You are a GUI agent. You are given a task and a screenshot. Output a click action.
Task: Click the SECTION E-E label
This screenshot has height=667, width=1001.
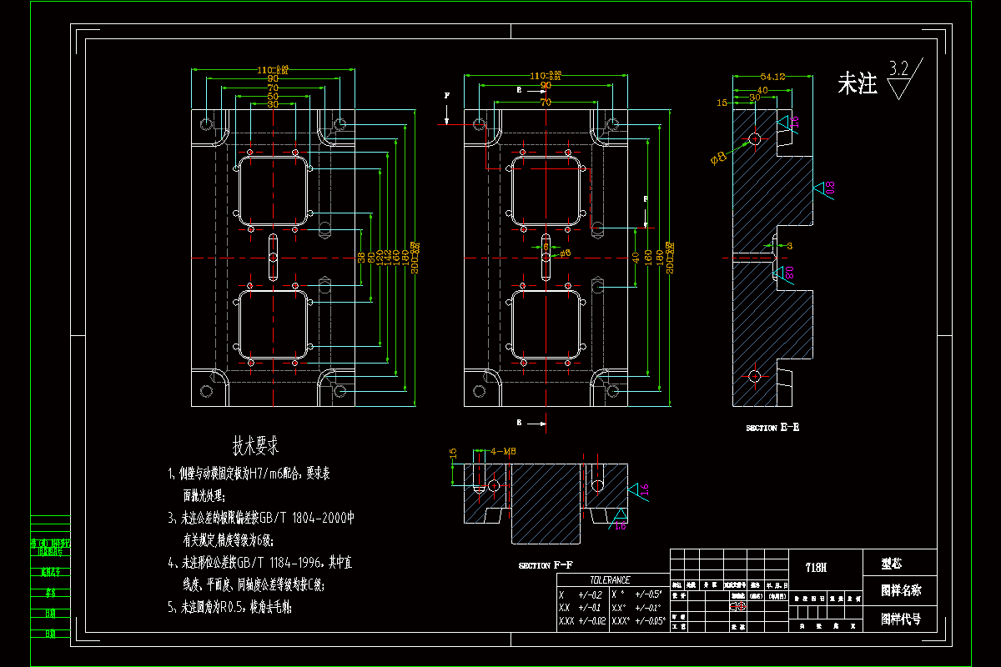tap(772, 427)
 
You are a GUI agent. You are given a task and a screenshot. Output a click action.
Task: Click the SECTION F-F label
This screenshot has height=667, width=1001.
tap(546, 565)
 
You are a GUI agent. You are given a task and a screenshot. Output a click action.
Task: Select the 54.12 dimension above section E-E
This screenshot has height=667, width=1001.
tap(773, 77)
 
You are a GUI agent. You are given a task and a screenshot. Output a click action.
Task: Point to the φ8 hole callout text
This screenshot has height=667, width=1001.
tap(718, 158)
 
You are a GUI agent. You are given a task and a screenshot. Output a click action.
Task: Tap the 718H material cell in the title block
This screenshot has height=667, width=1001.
tap(816, 567)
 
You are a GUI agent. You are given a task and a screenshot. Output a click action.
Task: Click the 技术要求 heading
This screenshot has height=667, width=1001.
tap(255, 445)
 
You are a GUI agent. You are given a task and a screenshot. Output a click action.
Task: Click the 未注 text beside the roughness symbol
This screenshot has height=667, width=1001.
tap(858, 83)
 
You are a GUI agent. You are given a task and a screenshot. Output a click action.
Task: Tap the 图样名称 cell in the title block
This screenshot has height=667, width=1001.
tap(901, 591)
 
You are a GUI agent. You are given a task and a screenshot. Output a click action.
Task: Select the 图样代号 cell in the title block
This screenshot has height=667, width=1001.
tap(901, 620)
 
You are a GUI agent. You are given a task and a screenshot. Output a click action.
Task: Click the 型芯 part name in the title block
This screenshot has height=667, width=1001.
tap(892, 563)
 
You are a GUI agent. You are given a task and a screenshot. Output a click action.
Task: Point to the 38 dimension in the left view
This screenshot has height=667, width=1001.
tap(361, 258)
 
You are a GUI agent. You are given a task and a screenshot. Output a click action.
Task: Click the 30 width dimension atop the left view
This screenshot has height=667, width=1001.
tap(273, 104)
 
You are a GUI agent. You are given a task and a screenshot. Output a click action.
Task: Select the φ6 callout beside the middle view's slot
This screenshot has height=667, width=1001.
tap(565, 253)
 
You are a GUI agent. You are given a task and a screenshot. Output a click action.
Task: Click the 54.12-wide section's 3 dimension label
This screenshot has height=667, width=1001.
tap(789, 245)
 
